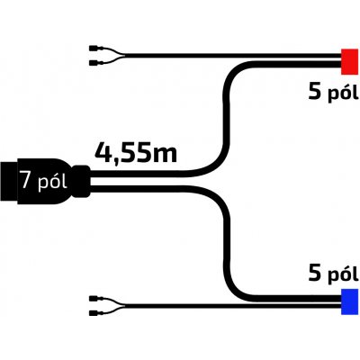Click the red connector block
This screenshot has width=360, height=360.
tap(349, 62)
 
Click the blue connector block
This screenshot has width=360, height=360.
tap(349, 301)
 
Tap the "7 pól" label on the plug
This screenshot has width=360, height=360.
tap(44, 180)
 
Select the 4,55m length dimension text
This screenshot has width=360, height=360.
tap(136, 153)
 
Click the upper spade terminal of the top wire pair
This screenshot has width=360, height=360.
tap(96, 49)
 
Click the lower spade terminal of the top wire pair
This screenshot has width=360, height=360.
tap(96, 63)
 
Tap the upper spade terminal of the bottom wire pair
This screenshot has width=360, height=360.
tap(96, 299)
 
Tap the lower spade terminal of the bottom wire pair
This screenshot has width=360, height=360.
tap(96, 313)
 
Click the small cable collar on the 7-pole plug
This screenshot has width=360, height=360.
tap(82, 181)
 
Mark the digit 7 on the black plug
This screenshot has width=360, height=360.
tap(26, 179)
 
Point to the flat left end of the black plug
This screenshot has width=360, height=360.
tap(1, 182)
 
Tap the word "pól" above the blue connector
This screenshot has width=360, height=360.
tap(343, 274)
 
